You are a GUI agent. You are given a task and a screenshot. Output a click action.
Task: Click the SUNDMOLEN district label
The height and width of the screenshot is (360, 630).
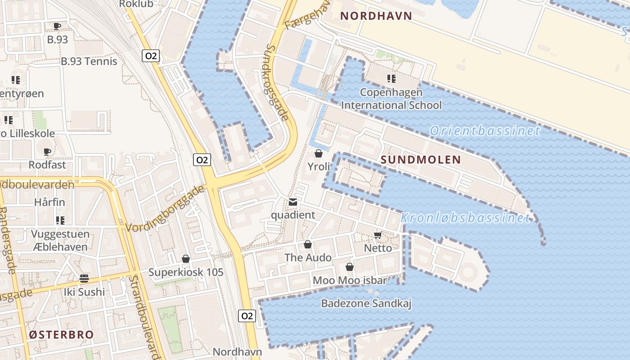pyautogui.click(x=421, y=160)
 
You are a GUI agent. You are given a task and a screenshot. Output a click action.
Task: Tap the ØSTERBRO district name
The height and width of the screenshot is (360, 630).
pyautogui.click(x=61, y=335)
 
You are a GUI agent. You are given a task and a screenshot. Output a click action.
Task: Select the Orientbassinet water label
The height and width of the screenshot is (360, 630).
pyautogui.click(x=484, y=131)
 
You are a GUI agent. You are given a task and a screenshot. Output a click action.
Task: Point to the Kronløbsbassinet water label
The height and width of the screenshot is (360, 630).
pyautogui.click(x=464, y=218)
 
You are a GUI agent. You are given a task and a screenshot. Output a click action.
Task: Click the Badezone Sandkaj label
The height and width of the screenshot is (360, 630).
pyautogui.click(x=366, y=304)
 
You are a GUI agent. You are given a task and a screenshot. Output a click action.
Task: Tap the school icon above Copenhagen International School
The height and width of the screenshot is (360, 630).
pyautogui.click(x=391, y=79)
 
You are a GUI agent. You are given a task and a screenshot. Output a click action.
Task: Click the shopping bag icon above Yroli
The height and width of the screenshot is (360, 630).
pyautogui.click(x=319, y=153)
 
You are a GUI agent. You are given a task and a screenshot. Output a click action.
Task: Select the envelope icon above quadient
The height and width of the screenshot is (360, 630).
pyautogui.click(x=293, y=202)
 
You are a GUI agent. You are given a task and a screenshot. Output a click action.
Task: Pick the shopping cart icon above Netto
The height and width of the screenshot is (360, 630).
pyautogui.click(x=378, y=235)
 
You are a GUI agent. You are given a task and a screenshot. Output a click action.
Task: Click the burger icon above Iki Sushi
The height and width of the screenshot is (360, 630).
pyautogui.click(x=84, y=279)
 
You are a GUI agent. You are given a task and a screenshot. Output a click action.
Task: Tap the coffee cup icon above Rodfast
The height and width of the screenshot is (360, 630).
pyautogui.click(x=47, y=152)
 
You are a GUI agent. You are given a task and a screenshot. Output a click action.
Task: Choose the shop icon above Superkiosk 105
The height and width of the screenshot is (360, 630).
pyautogui.click(x=186, y=259)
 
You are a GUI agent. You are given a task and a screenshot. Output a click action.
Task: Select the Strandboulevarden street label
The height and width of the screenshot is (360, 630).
pyautogui.click(x=145, y=315)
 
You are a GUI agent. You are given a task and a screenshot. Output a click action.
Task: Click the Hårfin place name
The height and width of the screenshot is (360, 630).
pyautogui.click(x=49, y=202)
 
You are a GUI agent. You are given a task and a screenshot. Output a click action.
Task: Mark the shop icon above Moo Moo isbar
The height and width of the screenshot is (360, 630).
pyautogui.click(x=349, y=267)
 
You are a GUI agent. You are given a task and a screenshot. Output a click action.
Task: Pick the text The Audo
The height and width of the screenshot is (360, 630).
pyautogui.click(x=308, y=257)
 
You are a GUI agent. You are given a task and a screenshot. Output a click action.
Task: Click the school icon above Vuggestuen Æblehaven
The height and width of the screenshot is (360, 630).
pyautogui.click(x=60, y=220)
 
